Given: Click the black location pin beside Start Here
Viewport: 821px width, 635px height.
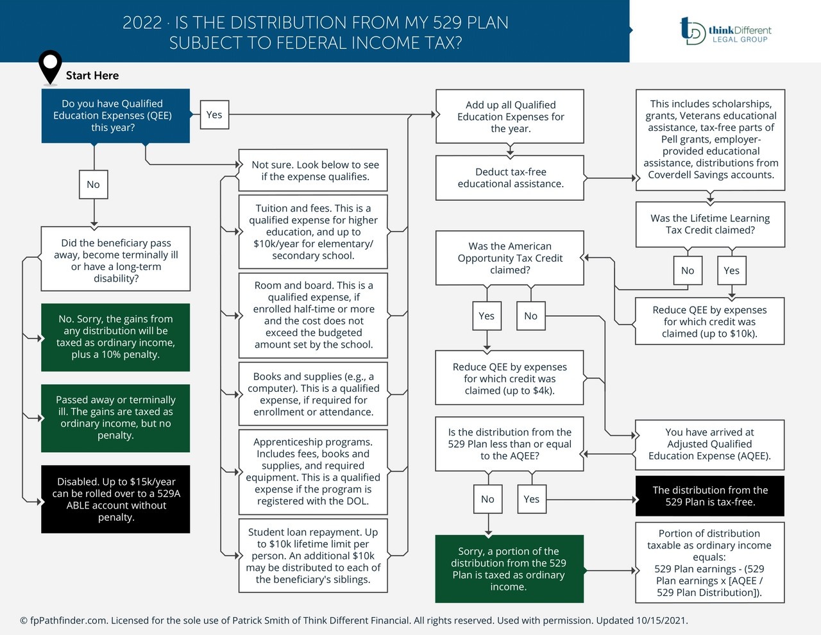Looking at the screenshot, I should pyautogui.click(x=50, y=66).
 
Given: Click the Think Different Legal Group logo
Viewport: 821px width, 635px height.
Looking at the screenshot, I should pyautogui.click(x=725, y=31).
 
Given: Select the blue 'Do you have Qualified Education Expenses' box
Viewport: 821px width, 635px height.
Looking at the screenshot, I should pyautogui.click(x=115, y=115).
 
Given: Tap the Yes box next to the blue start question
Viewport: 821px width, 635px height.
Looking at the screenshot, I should pyautogui.click(x=214, y=115).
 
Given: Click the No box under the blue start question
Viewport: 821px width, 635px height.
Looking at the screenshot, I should pyautogui.click(x=94, y=185).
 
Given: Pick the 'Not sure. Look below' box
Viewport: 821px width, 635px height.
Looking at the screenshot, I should pyautogui.click(x=313, y=171).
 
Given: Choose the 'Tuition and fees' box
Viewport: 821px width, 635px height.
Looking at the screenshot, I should pyautogui.click(x=313, y=232).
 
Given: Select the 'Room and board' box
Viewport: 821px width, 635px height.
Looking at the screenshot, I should pyautogui.click(x=313, y=315).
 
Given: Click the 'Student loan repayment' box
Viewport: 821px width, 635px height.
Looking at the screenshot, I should pyautogui.click(x=313, y=555).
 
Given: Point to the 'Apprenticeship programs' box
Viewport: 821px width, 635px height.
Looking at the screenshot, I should pyautogui.click(x=313, y=471).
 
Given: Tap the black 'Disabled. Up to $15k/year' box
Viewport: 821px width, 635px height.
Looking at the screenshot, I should pyautogui.click(x=115, y=499).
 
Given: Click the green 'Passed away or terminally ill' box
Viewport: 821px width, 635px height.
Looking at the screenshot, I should pyautogui.click(x=115, y=418).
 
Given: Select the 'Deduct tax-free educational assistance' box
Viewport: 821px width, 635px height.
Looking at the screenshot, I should pyautogui.click(x=510, y=178).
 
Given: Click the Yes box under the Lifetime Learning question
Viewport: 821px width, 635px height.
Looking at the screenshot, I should pyautogui.click(x=731, y=271).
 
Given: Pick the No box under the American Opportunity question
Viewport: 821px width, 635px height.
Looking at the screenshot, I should pyautogui.click(x=530, y=316).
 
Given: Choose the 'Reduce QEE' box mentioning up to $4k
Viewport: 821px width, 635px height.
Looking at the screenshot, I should pyautogui.click(x=510, y=378).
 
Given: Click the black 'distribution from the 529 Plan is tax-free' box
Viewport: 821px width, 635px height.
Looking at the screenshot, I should pyautogui.click(x=710, y=496).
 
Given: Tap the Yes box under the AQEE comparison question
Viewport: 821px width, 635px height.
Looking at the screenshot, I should pyautogui.click(x=531, y=499).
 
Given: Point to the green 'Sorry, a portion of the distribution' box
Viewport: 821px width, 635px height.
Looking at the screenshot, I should pyautogui.click(x=509, y=569).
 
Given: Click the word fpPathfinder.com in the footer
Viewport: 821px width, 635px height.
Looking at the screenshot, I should pyautogui.click(x=67, y=621).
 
